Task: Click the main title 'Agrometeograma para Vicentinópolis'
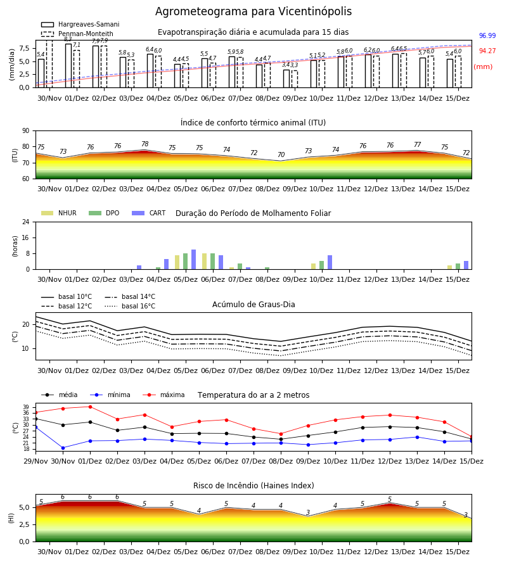point(253,11)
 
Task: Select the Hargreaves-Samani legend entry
point(80,24)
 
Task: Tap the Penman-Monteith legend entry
point(77,34)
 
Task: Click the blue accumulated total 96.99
point(487,35)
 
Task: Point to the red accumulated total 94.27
point(487,51)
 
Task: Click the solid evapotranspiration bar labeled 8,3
point(68,66)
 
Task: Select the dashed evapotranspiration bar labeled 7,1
point(77,69)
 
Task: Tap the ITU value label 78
point(144,144)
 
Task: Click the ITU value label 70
point(281,155)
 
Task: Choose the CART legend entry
point(148,213)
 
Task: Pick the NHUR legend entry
point(59,213)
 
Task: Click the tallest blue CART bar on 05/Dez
point(193,260)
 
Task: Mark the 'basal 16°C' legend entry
point(130,306)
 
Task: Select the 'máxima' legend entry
point(164,395)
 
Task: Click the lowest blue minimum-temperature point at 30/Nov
point(63,448)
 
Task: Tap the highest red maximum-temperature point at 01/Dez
point(90,407)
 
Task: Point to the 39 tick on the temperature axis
point(26,407)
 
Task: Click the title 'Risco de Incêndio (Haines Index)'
point(253,486)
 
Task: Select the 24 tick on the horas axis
point(26,222)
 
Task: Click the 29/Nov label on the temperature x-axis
point(35,461)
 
